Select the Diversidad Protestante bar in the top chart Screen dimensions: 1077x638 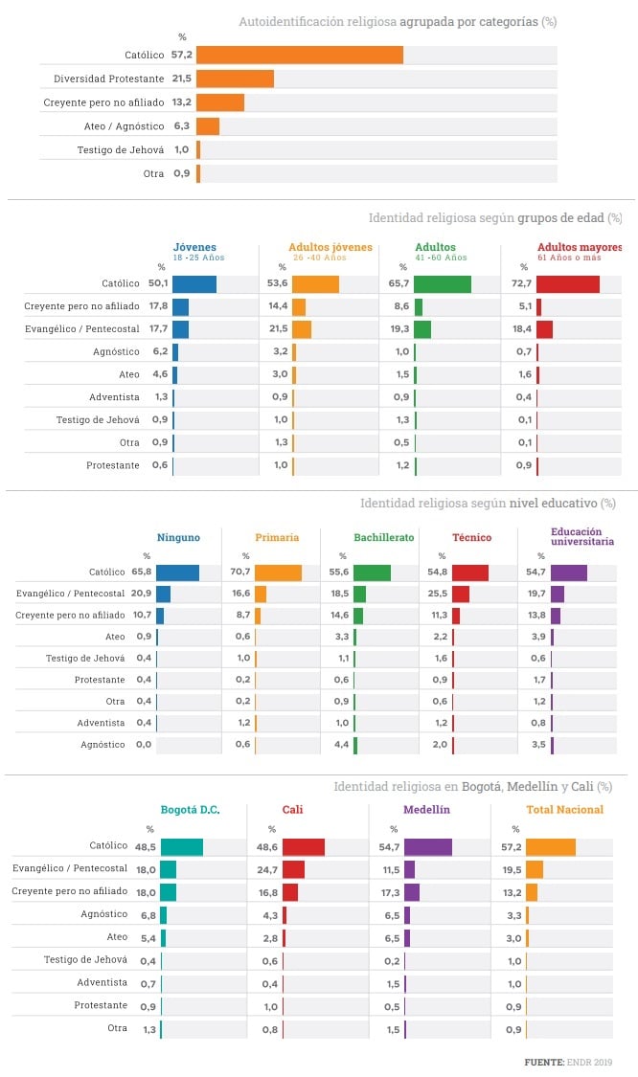[235, 79]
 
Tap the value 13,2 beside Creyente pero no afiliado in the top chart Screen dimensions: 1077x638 [182, 101]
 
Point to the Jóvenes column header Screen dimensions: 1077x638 [194, 247]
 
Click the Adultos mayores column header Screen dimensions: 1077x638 [580, 247]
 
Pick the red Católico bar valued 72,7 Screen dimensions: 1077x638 [568, 283]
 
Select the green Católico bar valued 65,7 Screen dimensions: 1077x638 [443, 283]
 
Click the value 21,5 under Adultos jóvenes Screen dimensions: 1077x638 [278, 328]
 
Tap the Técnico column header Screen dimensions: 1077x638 [471, 537]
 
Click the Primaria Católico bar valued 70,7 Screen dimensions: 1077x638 [278, 572]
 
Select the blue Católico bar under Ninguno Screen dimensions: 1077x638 [178, 572]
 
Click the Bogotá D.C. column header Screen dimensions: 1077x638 [190, 809]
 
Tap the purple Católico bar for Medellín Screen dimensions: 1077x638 [428, 846]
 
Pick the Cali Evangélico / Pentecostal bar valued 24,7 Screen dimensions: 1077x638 [293, 869]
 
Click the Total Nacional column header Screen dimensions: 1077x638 [564, 809]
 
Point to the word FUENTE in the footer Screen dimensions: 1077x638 [543, 1062]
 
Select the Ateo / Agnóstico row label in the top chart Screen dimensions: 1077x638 [125, 125]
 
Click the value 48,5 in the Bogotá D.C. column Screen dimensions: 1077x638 [146, 846]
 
